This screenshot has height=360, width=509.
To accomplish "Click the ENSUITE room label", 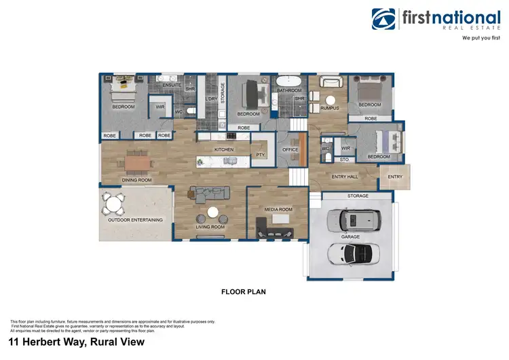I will pos(172,85).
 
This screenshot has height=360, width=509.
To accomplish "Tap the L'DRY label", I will pos(211,99).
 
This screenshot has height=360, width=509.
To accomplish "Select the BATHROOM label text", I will pos(289,90).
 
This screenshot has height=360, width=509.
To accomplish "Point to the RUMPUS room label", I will pos(330,107).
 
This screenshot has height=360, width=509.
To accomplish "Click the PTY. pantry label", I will pos(260,154).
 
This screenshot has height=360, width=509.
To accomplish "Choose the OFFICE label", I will pos(290,149).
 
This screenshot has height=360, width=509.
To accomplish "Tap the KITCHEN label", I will pos(224,149).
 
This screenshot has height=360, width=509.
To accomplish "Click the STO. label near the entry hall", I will pos(345,160).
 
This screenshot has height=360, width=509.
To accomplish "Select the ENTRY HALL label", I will pos(344,177).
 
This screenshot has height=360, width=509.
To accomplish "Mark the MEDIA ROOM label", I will pos(278,209).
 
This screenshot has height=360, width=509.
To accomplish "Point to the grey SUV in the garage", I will pos(351,219).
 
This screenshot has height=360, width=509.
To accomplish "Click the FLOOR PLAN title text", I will pos(243,292).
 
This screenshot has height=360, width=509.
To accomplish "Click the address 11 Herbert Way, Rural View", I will pos(76,342).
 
